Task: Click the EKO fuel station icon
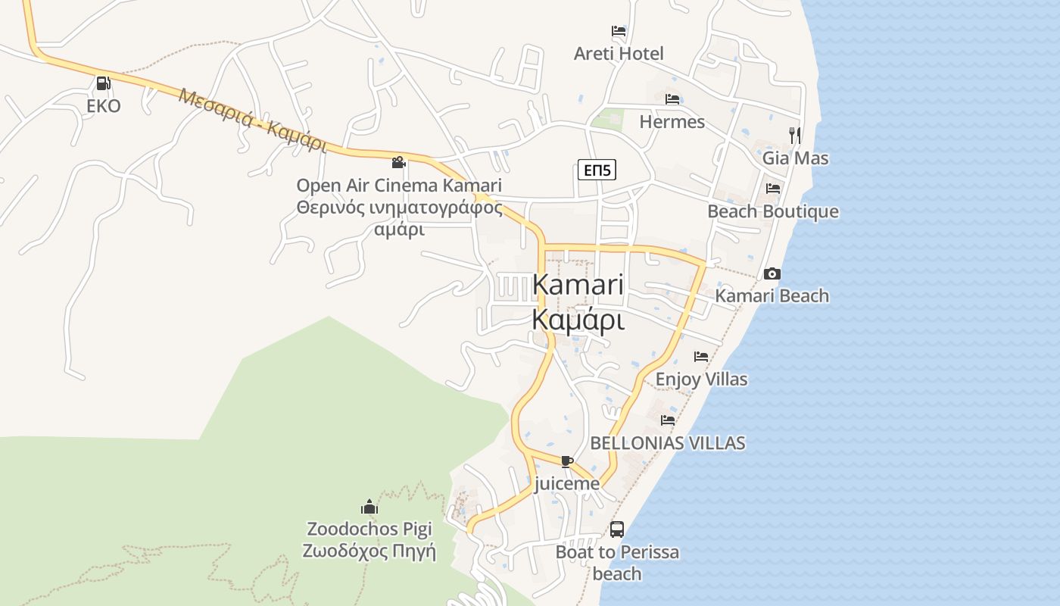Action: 103,83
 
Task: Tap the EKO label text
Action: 103,106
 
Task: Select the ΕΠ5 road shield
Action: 597,170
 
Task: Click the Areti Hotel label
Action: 619,54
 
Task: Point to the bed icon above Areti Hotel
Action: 619,31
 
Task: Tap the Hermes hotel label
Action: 672,122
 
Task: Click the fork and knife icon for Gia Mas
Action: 794,135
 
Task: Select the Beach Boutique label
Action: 772,211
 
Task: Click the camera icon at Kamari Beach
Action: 772,273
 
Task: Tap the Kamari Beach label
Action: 772,296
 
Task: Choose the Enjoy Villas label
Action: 701,380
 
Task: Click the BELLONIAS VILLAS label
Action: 667,443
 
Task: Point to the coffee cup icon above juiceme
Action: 566,461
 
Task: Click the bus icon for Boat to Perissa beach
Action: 617,529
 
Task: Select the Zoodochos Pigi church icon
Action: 369,506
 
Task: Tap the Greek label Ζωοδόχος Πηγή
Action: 369,551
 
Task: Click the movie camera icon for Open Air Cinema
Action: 398,162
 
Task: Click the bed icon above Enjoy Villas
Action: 701,356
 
